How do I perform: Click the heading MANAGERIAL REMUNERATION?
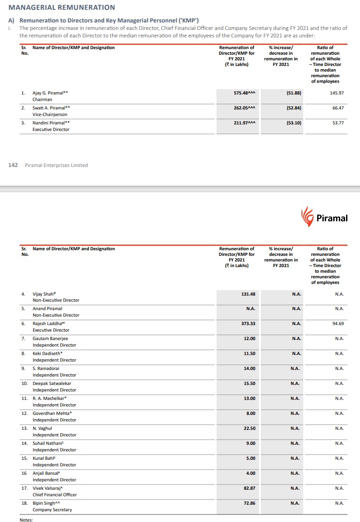(62, 7)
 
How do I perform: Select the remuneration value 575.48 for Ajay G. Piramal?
(244, 93)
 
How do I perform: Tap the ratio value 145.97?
(337, 93)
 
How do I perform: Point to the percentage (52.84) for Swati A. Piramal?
(294, 108)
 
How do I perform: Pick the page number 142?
(13, 165)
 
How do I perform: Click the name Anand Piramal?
(47, 309)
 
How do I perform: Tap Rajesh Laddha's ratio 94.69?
(338, 324)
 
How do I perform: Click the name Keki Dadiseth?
(48, 354)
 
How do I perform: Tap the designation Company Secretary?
(52, 510)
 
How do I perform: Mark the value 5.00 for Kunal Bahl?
(251, 458)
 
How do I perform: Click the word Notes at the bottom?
(26, 520)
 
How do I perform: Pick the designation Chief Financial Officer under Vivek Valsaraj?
(55, 495)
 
